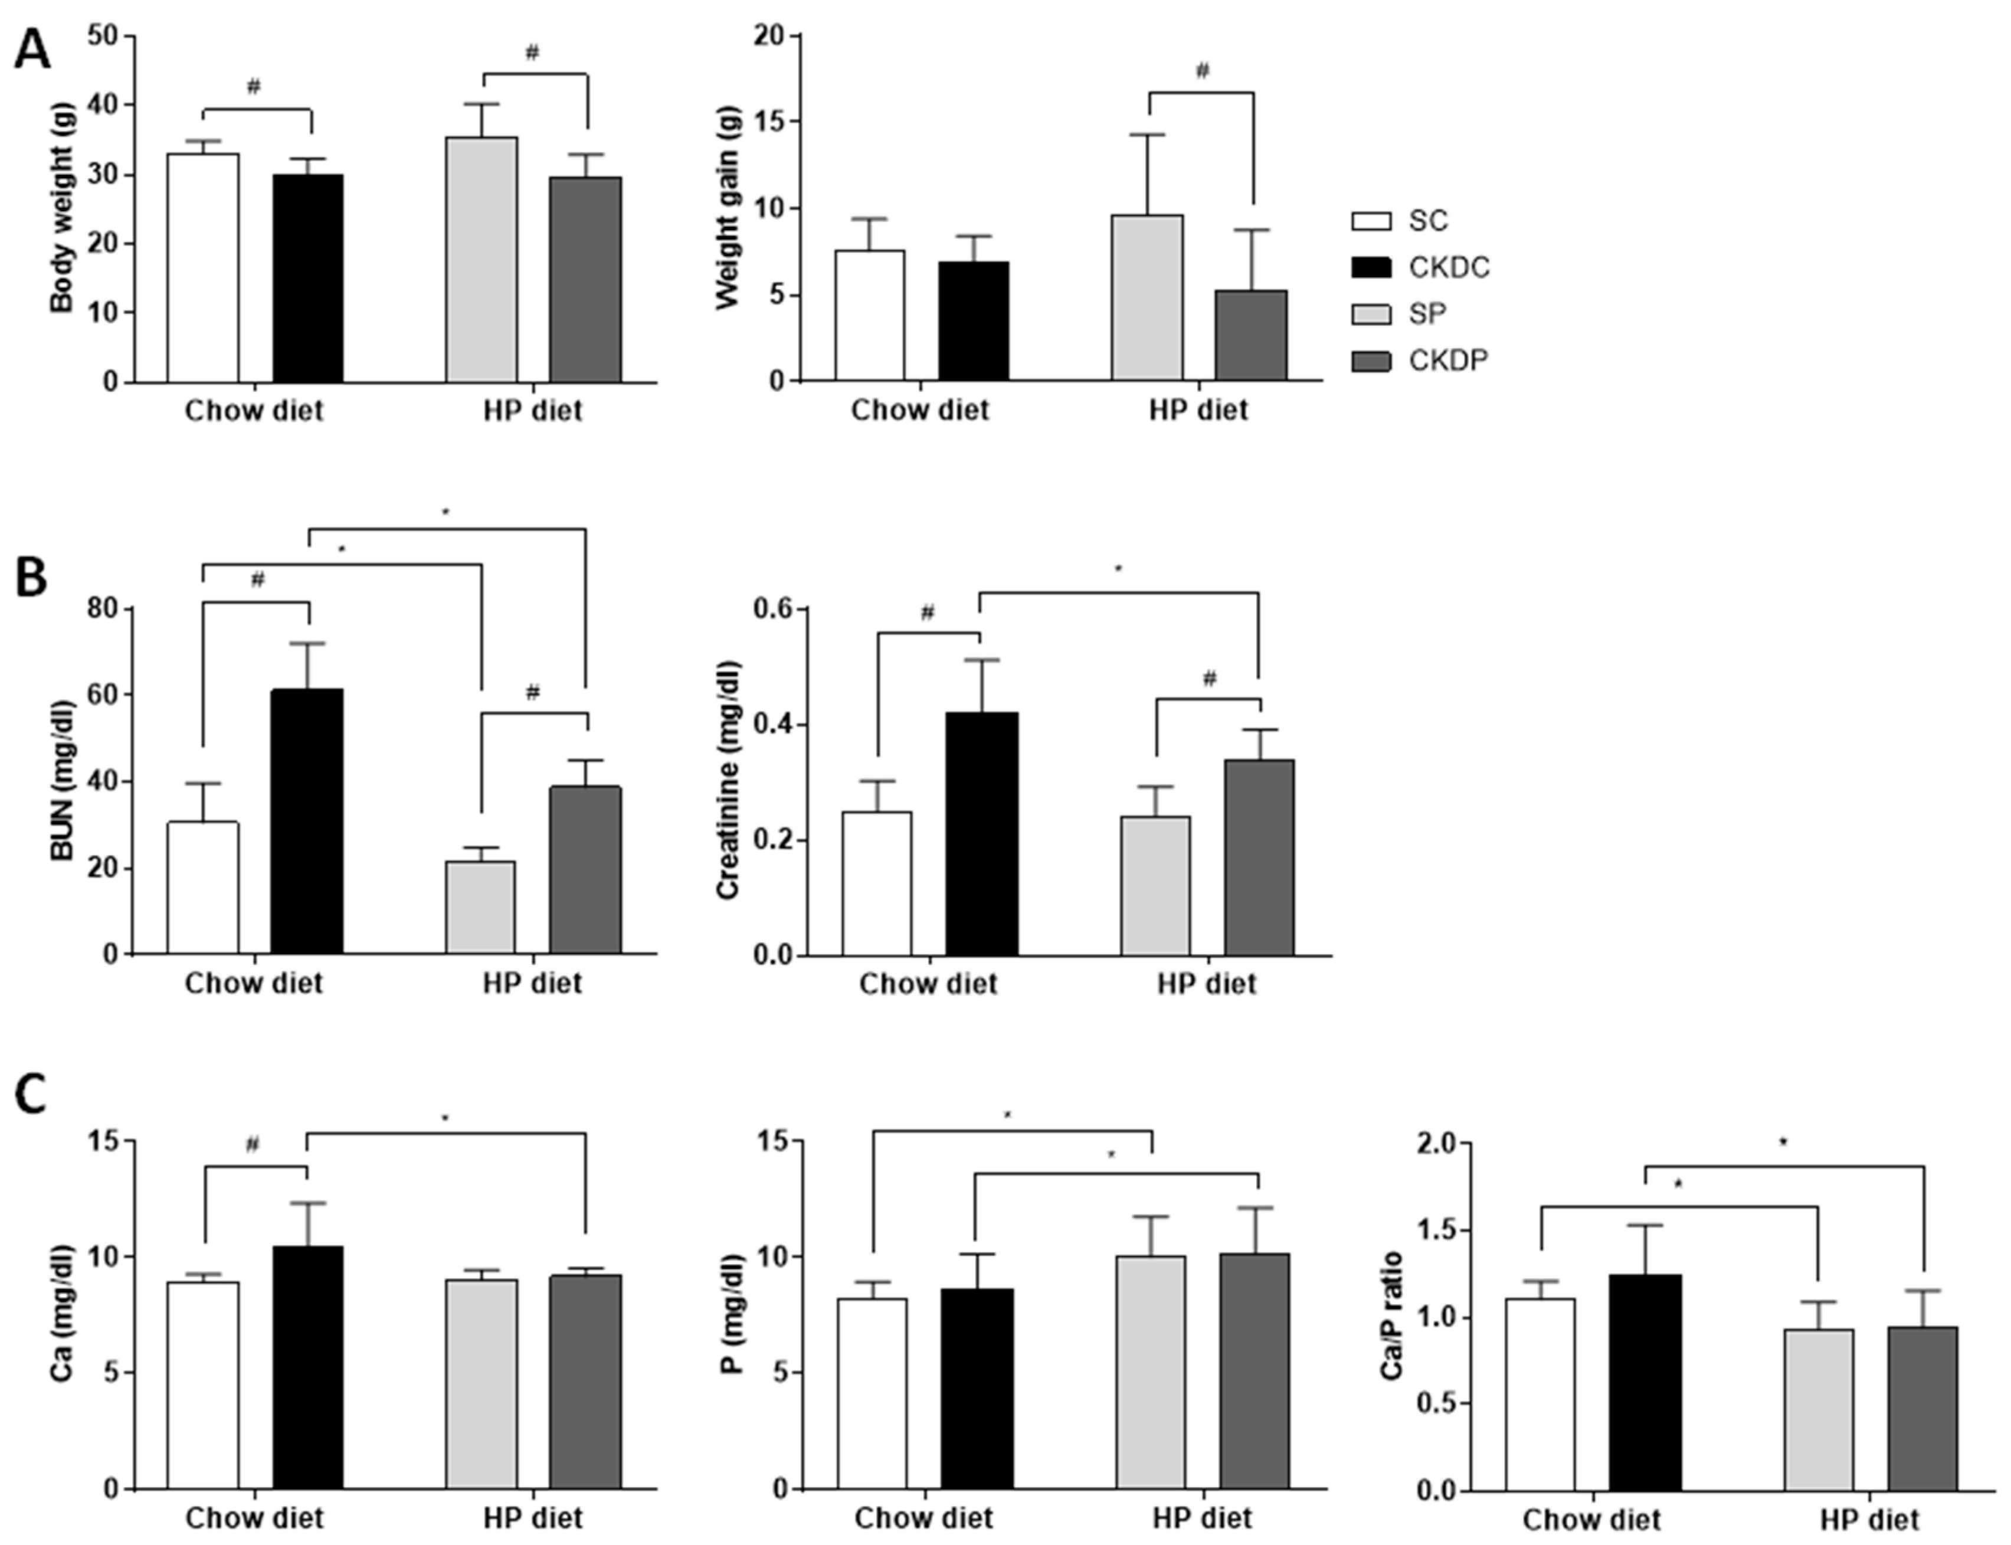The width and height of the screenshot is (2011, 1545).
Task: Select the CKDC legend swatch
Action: [1371, 267]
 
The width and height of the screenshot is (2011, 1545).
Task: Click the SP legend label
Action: [1427, 313]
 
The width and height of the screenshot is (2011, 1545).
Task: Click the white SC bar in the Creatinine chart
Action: [877, 883]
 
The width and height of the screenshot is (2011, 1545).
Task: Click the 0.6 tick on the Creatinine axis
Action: [774, 609]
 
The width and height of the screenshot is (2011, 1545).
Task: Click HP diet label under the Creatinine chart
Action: [1206, 985]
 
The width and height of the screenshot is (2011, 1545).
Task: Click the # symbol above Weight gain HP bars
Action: [1202, 71]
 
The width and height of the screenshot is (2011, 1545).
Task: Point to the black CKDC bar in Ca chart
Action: [307, 1367]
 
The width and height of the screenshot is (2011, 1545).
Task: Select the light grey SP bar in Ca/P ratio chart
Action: [1819, 1409]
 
